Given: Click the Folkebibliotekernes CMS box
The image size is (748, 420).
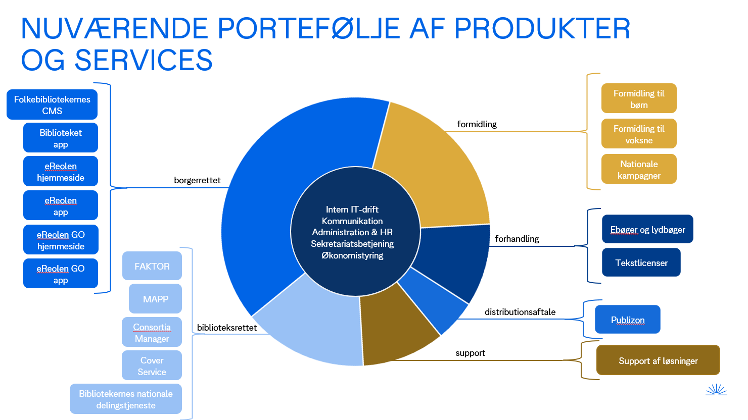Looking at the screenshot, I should point(52,105).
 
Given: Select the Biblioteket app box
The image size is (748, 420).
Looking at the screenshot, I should point(61,138).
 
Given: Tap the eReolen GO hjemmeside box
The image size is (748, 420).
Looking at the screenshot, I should point(61,240).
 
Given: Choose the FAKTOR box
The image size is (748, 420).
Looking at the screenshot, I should point(152,266).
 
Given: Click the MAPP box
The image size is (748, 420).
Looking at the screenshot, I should point(155,299).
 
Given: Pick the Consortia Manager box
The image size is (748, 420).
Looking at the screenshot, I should point(152,333).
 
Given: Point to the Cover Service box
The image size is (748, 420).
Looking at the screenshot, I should point(152,365).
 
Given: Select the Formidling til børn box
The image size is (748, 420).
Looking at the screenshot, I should point(639,98).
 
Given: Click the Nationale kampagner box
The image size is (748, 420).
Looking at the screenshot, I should point(639,169).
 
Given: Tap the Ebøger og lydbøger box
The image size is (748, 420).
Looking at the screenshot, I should point(647,229).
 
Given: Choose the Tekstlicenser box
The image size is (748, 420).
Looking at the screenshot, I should point(641,262).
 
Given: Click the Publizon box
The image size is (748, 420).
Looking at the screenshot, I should point(628,320).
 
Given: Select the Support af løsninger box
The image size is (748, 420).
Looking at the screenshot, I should point(658,360).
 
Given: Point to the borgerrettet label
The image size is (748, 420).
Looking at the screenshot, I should point(197,180).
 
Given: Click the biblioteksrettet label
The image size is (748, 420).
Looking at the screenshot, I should point(227,328).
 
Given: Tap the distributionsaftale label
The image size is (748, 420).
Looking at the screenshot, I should point(520,312).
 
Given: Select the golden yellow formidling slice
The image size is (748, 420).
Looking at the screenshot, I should point(430,167).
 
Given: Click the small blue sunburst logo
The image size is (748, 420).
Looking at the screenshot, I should point(716,390).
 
